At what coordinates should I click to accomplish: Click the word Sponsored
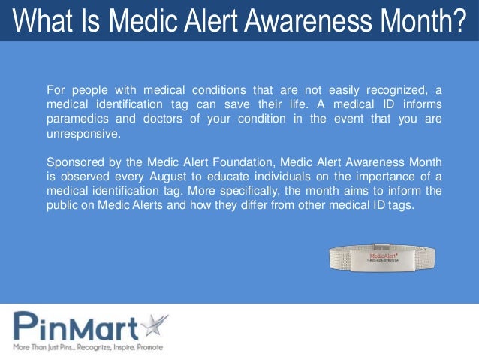[x=74, y=162]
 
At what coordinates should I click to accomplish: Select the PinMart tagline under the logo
[x=87, y=347]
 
